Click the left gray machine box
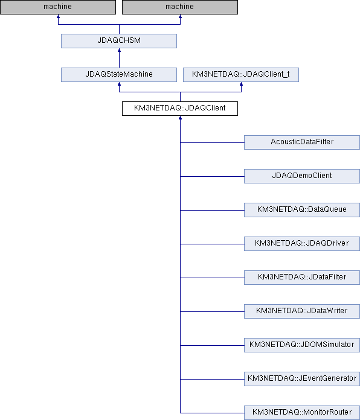click(x=58, y=7)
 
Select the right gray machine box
click(x=180, y=7)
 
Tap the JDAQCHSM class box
click(x=119, y=41)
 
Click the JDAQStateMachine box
click(x=119, y=75)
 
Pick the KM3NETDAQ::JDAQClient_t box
click(x=241, y=75)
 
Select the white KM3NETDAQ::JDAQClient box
click(x=180, y=109)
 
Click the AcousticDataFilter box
click(x=302, y=142)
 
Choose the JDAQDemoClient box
click(x=302, y=176)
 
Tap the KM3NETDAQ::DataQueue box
click(x=302, y=210)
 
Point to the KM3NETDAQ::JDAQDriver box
click(x=302, y=243)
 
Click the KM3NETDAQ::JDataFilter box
click(x=302, y=277)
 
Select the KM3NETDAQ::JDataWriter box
click(x=302, y=311)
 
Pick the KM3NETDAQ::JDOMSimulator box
click(x=302, y=345)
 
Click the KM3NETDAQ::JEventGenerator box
click(x=302, y=378)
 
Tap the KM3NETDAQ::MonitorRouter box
click(x=302, y=413)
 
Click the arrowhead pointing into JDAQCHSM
click(x=119, y=50)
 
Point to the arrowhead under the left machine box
click(x=58, y=17)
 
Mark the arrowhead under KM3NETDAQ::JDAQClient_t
click(x=241, y=84)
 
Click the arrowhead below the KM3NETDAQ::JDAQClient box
click(x=180, y=118)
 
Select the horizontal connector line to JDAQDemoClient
click(x=212, y=176)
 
